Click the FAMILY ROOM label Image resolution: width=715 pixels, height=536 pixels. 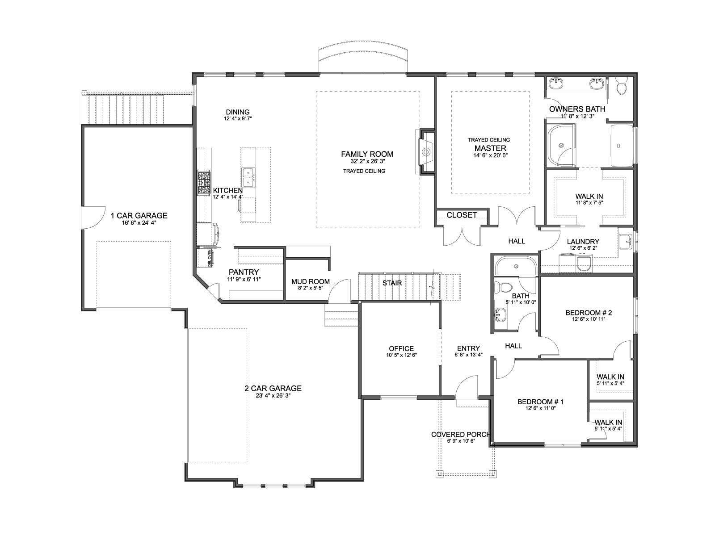(367, 154)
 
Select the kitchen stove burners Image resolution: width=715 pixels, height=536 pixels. (204, 184)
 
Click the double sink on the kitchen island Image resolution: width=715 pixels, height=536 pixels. (248, 178)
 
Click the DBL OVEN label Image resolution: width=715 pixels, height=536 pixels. (210, 258)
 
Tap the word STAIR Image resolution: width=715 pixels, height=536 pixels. (392, 283)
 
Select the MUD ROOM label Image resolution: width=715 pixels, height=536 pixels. (311, 281)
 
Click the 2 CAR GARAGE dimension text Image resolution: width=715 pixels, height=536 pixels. (273, 396)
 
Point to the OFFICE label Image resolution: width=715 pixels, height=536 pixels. (401, 348)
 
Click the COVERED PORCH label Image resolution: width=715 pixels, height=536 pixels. (461, 435)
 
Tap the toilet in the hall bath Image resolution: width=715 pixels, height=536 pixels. (504, 287)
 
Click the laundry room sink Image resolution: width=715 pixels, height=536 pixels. (625, 242)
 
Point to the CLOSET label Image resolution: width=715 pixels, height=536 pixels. (462, 215)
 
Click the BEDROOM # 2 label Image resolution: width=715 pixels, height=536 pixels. (589, 313)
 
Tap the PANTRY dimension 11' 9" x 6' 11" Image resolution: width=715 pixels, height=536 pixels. (244, 279)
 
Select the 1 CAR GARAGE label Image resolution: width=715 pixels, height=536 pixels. (139, 215)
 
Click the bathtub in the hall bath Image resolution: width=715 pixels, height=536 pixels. (516, 267)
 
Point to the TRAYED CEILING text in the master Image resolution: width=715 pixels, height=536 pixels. (489, 140)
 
